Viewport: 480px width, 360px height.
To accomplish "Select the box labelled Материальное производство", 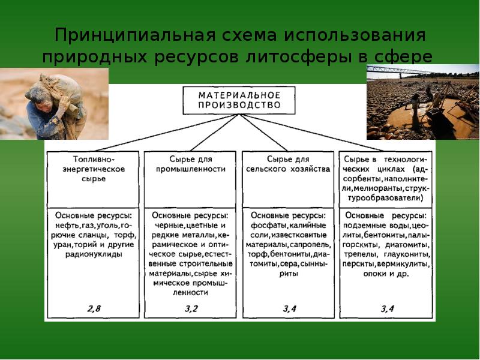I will [239, 100].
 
